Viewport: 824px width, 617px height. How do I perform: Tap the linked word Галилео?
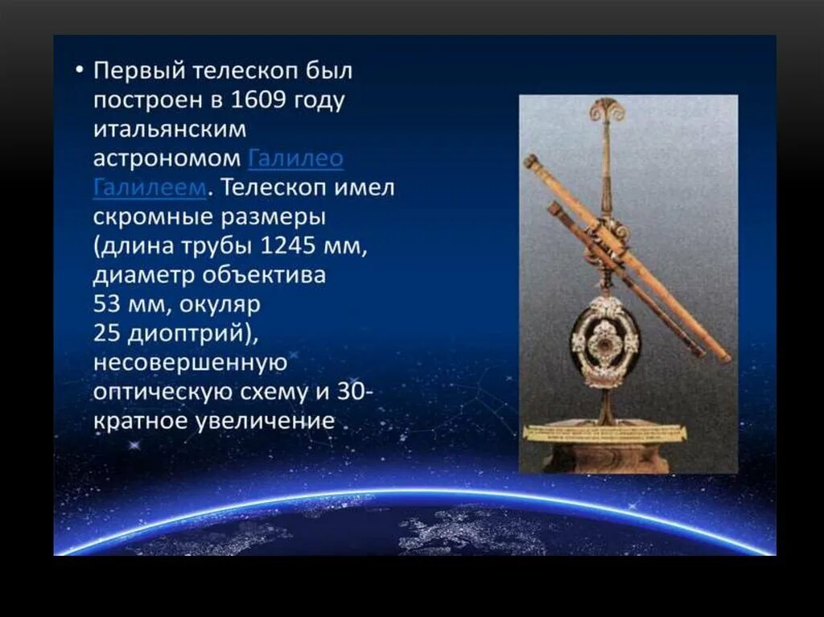295,158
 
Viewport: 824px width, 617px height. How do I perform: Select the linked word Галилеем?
150,187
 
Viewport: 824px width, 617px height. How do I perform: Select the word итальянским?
170,130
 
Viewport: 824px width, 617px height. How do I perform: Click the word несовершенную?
190,362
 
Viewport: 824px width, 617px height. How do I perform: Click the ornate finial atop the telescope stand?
606,110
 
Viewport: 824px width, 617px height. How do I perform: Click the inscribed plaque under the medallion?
605,433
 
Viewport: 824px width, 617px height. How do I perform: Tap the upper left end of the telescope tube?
530,160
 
